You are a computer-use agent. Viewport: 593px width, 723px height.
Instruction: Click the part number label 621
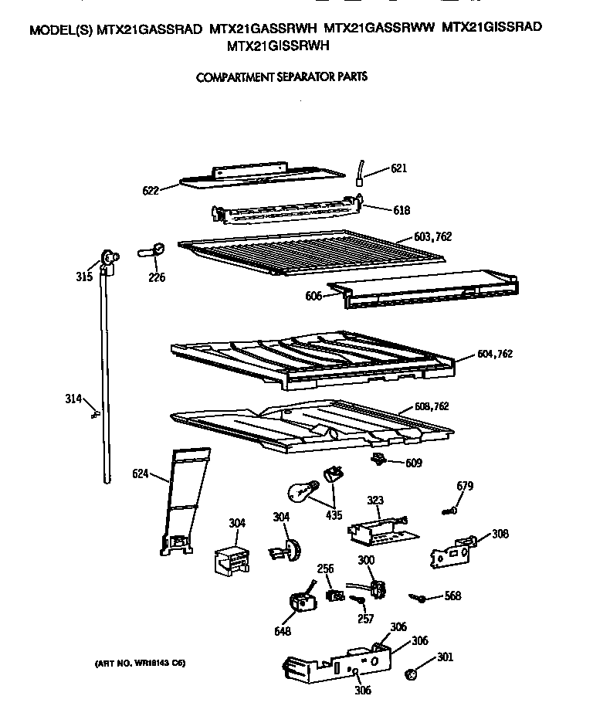coord(398,168)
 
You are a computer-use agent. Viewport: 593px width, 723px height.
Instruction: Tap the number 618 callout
coord(402,210)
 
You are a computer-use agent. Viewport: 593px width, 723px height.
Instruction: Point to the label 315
coord(84,277)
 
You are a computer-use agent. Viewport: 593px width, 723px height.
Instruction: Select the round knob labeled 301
coord(412,674)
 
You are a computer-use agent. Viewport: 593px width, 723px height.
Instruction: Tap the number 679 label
coord(465,486)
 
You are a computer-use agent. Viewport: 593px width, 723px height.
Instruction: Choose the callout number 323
coord(374,501)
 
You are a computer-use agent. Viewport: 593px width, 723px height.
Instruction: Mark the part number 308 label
coord(500,533)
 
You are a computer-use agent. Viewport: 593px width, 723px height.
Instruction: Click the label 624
coord(141,474)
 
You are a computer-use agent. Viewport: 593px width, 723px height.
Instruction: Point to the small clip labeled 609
coord(378,461)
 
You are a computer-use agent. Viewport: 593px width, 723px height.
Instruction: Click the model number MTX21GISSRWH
coord(276,46)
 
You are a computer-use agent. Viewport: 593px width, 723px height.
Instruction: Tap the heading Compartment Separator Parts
coord(281,77)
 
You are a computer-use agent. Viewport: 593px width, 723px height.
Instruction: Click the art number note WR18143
coord(140,664)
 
